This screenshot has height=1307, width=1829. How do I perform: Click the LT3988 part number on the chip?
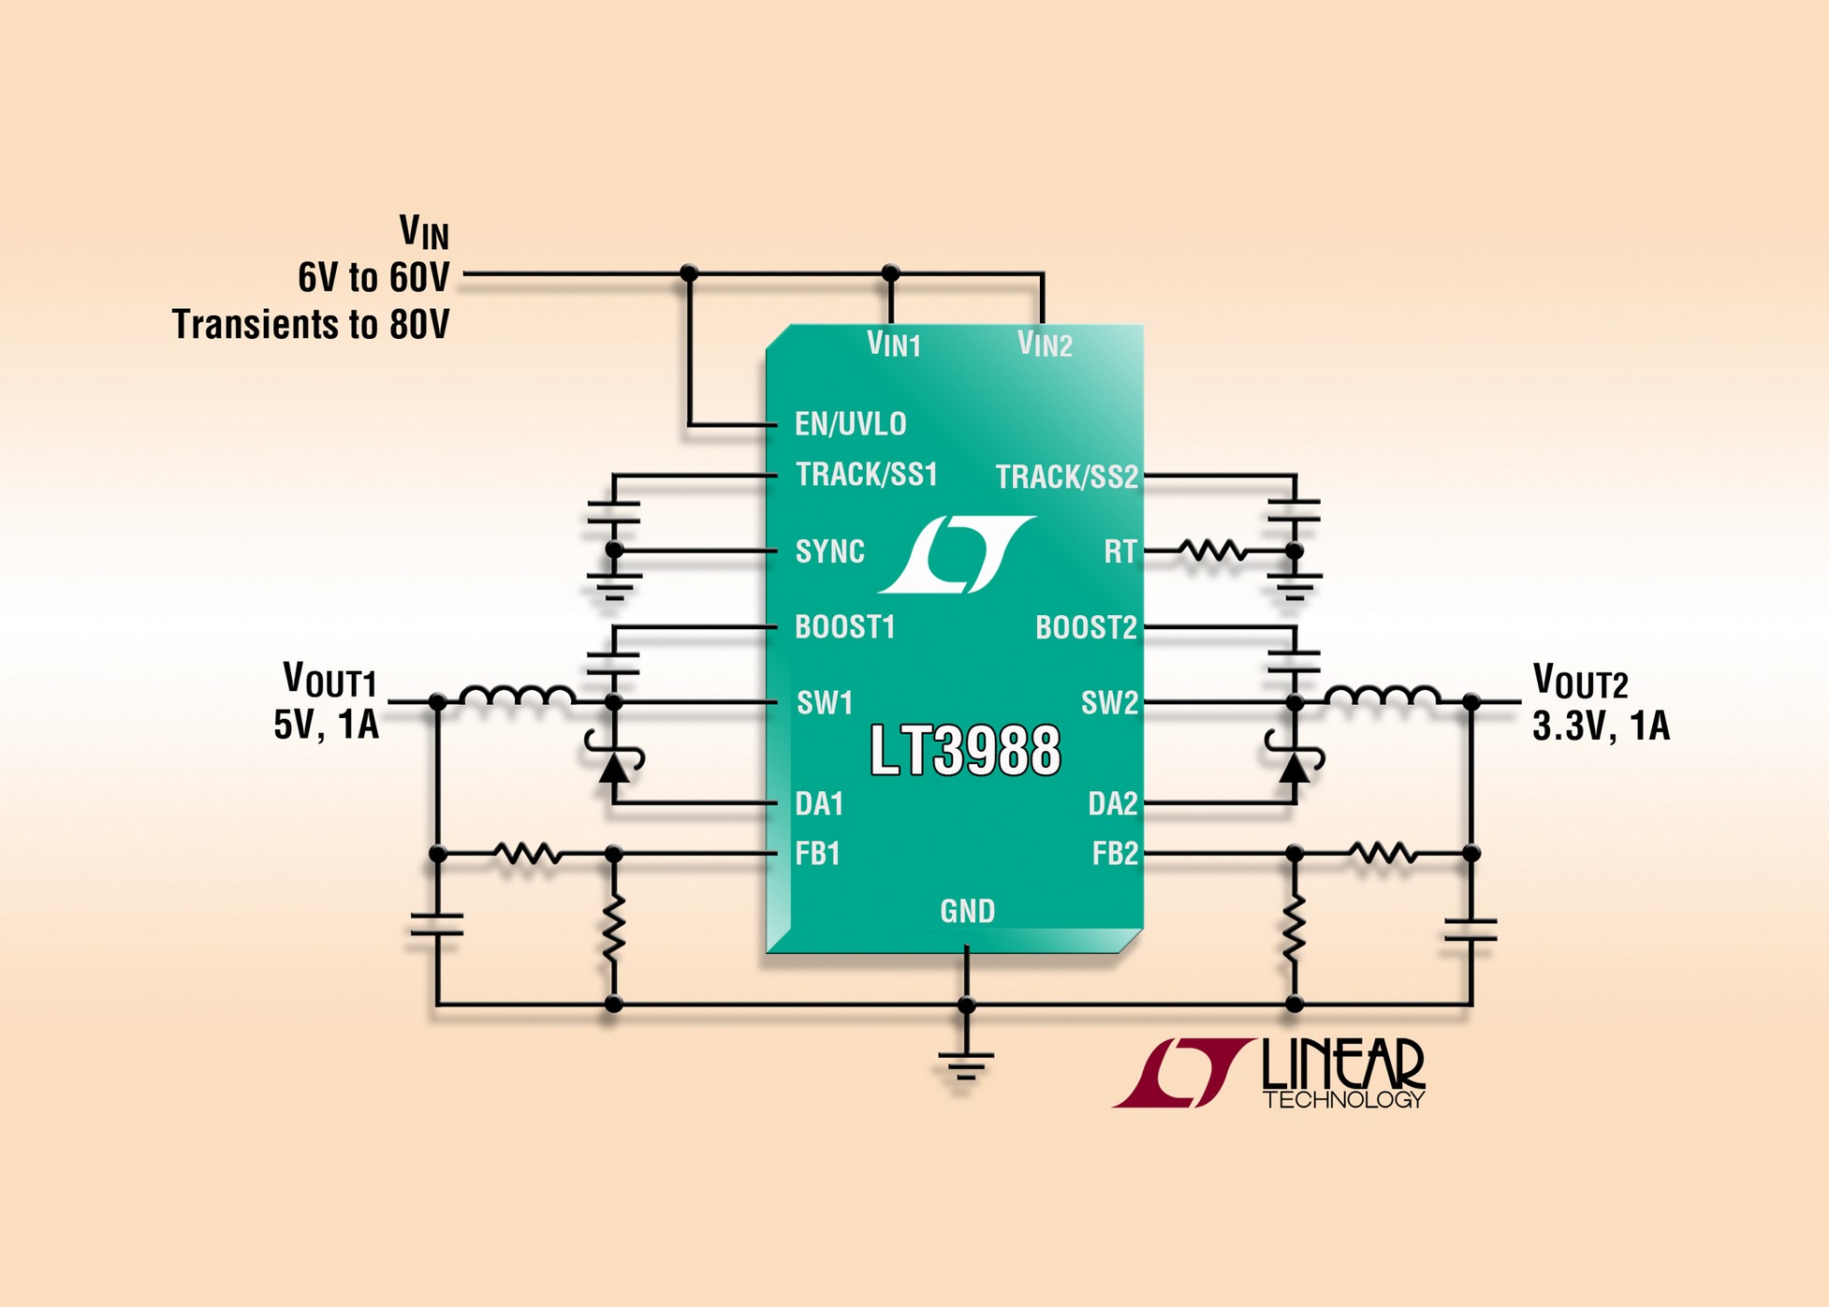tap(965, 750)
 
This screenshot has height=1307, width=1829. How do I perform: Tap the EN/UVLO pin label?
tap(850, 424)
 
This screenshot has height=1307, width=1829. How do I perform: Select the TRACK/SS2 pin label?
tap(1066, 477)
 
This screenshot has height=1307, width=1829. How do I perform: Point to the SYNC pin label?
tap(829, 551)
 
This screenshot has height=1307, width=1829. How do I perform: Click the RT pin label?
tap(1119, 551)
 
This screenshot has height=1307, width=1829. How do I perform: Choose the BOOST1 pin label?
tap(844, 626)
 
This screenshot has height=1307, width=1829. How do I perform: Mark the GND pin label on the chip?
tap(967, 911)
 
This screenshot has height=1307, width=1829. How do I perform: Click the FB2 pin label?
tap(1115, 854)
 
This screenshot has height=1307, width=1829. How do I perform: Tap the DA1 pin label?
tap(819, 803)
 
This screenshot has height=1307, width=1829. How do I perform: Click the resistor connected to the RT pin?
tap(1212, 551)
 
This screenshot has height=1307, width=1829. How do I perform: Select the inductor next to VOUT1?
tap(517, 697)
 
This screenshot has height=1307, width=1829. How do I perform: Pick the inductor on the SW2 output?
tap(1383, 697)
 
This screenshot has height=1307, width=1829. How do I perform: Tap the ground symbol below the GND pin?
tap(966, 1065)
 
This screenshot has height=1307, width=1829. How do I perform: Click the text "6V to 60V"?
tap(373, 277)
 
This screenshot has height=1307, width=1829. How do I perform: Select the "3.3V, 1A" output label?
tap(1601, 727)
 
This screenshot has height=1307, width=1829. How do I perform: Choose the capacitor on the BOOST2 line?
tap(1294, 661)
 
